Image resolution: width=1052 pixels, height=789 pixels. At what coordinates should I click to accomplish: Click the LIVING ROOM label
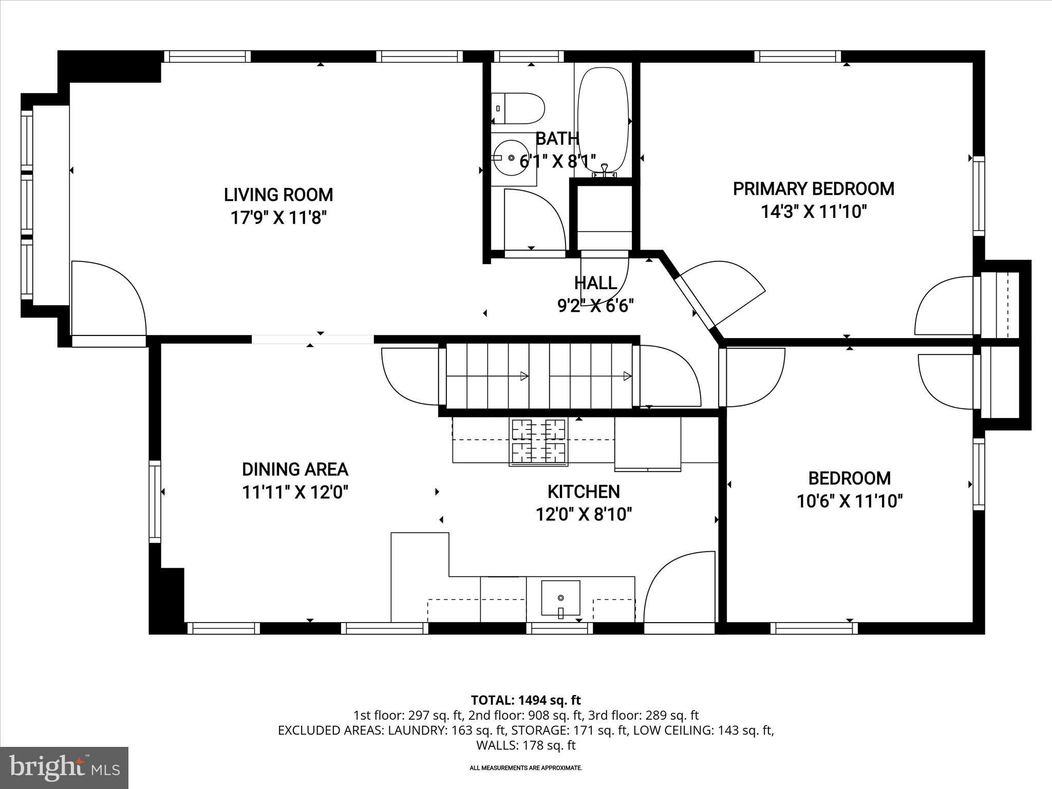pos(278,195)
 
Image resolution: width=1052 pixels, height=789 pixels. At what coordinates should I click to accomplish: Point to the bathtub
pos(604,121)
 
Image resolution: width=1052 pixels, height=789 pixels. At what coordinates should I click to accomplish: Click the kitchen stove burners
pos(538,442)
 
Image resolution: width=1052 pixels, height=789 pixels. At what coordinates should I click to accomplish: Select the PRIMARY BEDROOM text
pos(813,189)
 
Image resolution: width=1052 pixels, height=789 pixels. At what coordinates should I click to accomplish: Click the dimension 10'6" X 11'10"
pos(850,501)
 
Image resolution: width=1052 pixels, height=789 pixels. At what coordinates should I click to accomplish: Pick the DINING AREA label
pos(295,469)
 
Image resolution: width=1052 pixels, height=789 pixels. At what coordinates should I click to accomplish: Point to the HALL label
pos(595,283)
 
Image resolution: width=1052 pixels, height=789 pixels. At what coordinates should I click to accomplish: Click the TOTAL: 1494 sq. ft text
pos(525,700)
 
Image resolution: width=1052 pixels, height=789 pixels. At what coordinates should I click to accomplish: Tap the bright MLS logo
pos(64,767)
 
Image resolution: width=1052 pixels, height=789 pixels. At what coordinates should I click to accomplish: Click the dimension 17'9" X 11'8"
pos(278,218)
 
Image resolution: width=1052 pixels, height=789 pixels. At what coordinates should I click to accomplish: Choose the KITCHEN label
pos(584,492)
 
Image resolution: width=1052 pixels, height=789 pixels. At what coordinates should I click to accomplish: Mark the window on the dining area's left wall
pos(155,501)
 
